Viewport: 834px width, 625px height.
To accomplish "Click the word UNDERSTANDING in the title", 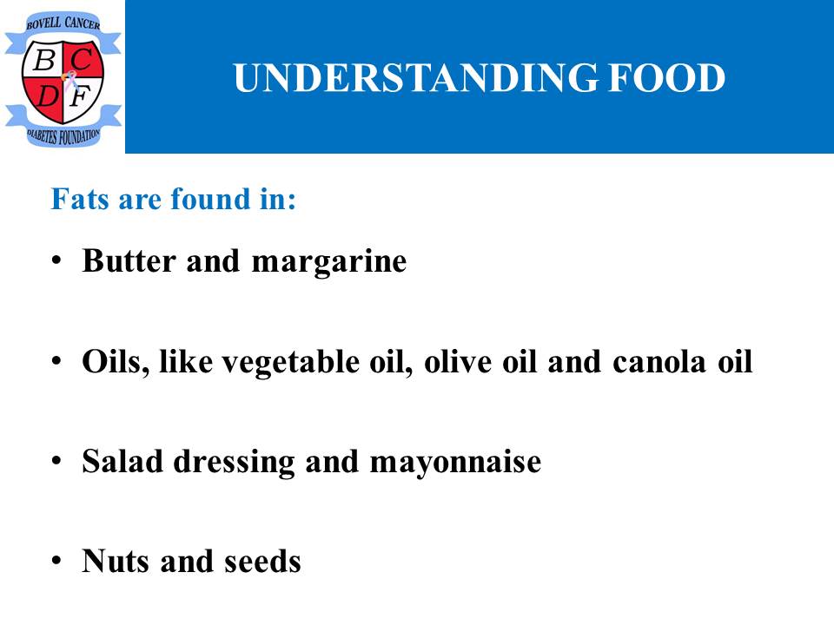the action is click(x=415, y=78).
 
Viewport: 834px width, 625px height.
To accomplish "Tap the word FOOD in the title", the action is click(x=667, y=78).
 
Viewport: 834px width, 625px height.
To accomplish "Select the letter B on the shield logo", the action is click(x=44, y=60).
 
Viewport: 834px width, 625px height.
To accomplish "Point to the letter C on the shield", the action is click(x=82, y=59).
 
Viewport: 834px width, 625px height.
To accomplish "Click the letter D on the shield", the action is click(x=47, y=96).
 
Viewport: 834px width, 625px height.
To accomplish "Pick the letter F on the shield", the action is click(x=80, y=96).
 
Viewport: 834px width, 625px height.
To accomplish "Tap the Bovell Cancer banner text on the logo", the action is click(x=63, y=23).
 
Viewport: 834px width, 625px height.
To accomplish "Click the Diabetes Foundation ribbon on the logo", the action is click(x=63, y=136).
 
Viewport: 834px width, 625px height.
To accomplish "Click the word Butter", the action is click(x=129, y=261).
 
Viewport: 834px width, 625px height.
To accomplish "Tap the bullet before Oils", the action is click(x=57, y=361).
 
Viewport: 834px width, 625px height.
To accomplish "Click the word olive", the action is click(x=458, y=361).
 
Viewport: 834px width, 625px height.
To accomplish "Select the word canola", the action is click(x=659, y=363).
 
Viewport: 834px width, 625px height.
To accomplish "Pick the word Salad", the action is click(x=122, y=461).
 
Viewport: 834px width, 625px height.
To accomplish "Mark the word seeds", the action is click(x=262, y=562).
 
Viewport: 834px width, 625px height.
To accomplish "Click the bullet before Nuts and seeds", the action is click(x=57, y=561).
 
